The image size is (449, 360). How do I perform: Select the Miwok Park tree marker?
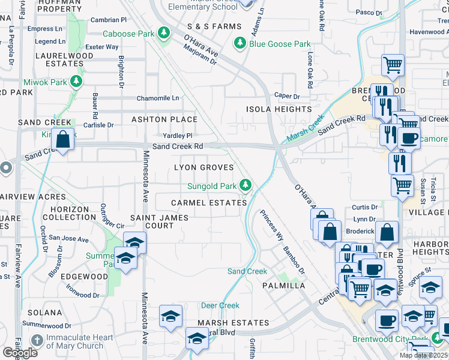76,81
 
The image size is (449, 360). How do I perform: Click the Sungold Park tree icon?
246,185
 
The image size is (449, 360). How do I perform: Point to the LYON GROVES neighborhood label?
203,167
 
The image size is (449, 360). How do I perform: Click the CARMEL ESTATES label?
209,203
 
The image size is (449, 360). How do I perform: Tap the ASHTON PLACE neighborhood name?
164,119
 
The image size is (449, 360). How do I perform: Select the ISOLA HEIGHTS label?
279,109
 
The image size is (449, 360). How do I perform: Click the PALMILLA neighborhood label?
284,286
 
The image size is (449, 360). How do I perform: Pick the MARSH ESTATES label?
234,323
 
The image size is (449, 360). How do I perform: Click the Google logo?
20,352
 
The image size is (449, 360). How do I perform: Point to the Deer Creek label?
220,305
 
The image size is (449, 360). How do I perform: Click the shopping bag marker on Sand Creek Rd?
62,140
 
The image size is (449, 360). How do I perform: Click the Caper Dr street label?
287,96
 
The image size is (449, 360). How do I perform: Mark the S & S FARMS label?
214,26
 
